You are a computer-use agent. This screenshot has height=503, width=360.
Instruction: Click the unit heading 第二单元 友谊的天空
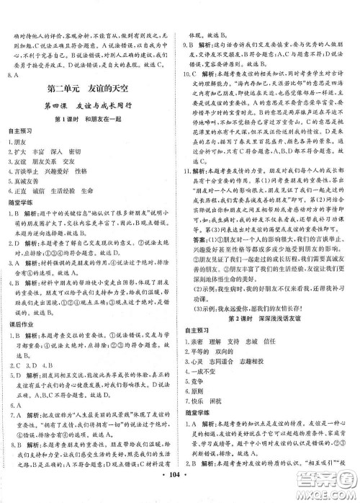point(91,91)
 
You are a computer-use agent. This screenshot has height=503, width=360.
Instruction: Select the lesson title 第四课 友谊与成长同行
point(91,108)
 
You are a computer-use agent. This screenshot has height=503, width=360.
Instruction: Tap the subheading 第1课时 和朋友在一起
point(91,123)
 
